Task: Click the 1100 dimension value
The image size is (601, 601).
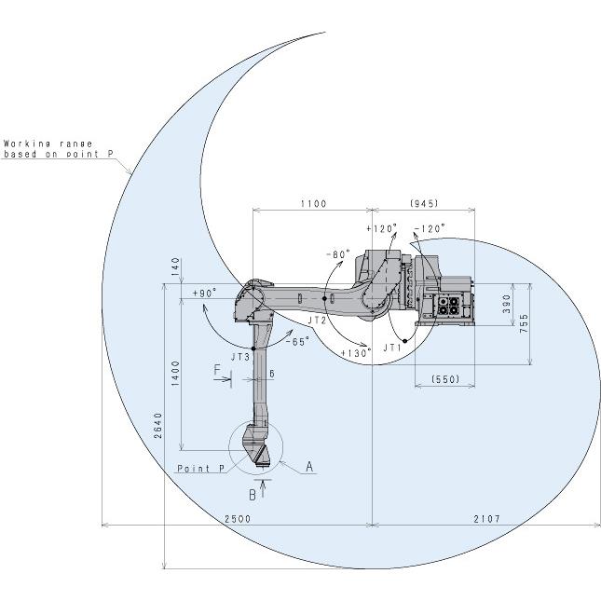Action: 313,203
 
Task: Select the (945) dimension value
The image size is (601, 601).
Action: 424,203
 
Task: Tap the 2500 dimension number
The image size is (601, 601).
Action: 238,519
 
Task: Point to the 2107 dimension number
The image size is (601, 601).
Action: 487,519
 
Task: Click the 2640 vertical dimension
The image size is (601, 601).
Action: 157,426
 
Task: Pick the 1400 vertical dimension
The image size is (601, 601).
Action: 175,374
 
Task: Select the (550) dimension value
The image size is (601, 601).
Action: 445,379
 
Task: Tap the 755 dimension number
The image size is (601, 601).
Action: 524,323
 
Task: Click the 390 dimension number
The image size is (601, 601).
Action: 507,304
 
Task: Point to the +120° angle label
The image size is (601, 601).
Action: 381,228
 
